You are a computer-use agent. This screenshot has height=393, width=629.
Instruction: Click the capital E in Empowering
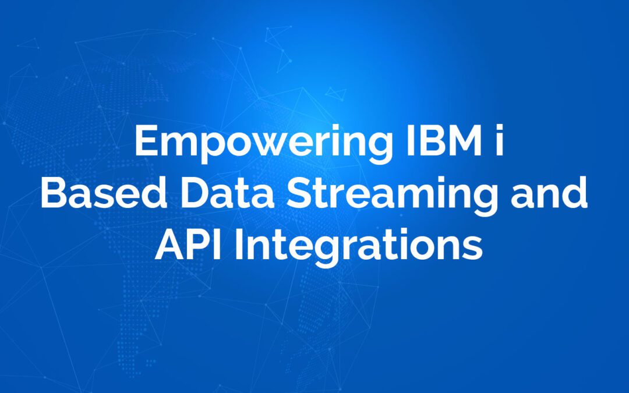145,141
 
